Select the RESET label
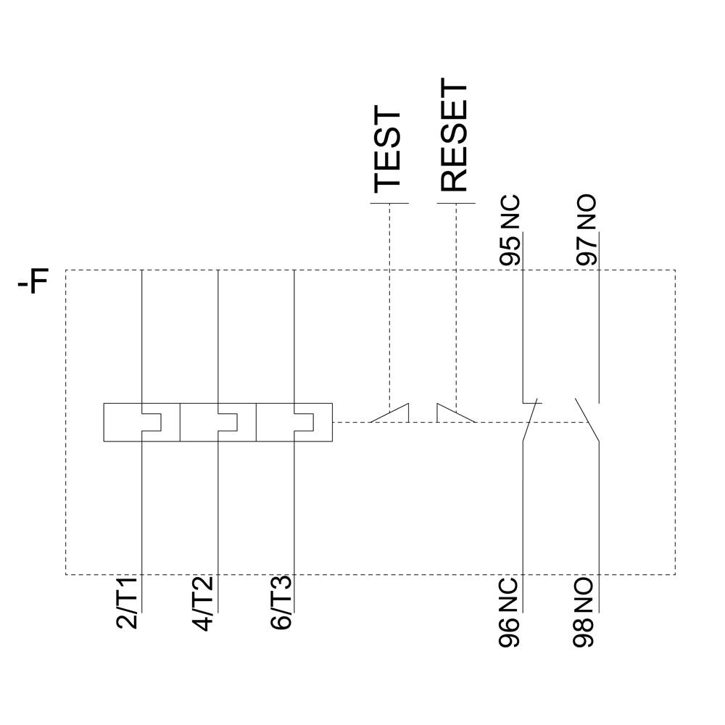click(454, 137)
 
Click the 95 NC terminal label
click(511, 231)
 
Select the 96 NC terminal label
click(511, 612)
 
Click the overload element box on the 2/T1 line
click(142, 423)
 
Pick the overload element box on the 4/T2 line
click(218, 423)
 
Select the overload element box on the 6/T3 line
click(294, 423)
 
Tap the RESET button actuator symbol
click(455, 413)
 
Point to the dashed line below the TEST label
click(390, 304)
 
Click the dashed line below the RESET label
click(456, 304)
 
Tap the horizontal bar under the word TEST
click(390, 204)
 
